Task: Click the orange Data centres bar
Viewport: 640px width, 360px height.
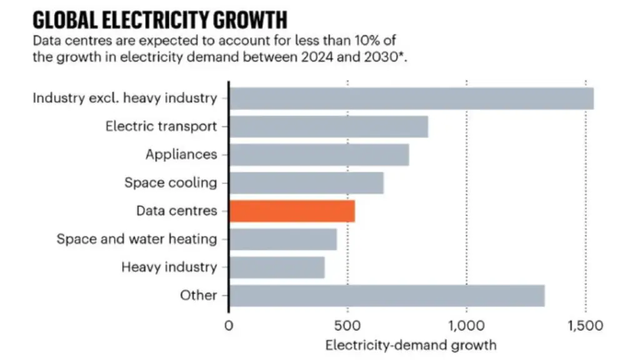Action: [x=292, y=211]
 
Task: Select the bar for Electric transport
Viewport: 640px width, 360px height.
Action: [x=329, y=127]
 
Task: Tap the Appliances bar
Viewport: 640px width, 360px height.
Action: [x=319, y=155]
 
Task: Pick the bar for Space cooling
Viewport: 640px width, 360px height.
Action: [x=307, y=183]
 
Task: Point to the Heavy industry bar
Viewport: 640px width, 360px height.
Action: [x=277, y=267]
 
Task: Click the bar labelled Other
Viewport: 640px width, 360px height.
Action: [x=387, y=296]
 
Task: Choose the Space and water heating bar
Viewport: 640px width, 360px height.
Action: [x=283, y=239]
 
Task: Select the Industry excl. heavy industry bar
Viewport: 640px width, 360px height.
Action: [x=411, y=99]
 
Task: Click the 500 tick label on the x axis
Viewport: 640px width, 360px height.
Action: [x=347, y=326]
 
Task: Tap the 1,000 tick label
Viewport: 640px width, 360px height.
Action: [x=466, y=326]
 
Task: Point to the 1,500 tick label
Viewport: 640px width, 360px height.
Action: [x=586, y=326]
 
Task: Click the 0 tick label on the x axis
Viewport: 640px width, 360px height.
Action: [x=229, y=326]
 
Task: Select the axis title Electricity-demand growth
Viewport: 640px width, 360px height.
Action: [x=411, y=345]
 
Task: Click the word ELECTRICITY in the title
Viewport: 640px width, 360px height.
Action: [x=154, y=20]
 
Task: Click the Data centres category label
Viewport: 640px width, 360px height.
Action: [x=177, y=211]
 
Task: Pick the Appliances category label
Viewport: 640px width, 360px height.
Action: [x=181, y=155]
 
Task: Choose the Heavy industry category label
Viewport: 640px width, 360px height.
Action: [x=169, y=267]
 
